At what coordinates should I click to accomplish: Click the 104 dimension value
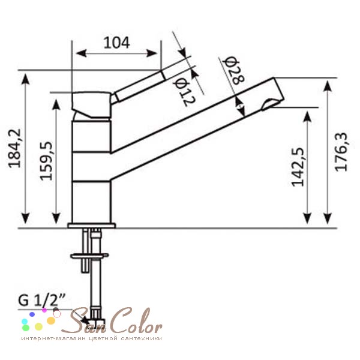(116, 43)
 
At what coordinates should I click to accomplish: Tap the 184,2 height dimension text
(15, 148)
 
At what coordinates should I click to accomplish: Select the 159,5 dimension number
(47, 161)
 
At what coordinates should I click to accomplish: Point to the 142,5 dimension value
(298, 167)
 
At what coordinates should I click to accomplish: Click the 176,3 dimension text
(341, 152)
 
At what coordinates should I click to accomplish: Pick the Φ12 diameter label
(184, 92)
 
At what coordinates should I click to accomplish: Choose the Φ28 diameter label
(234, 70)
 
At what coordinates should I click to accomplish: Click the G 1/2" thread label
(42, 300)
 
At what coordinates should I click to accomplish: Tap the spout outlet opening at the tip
(271, 104)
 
